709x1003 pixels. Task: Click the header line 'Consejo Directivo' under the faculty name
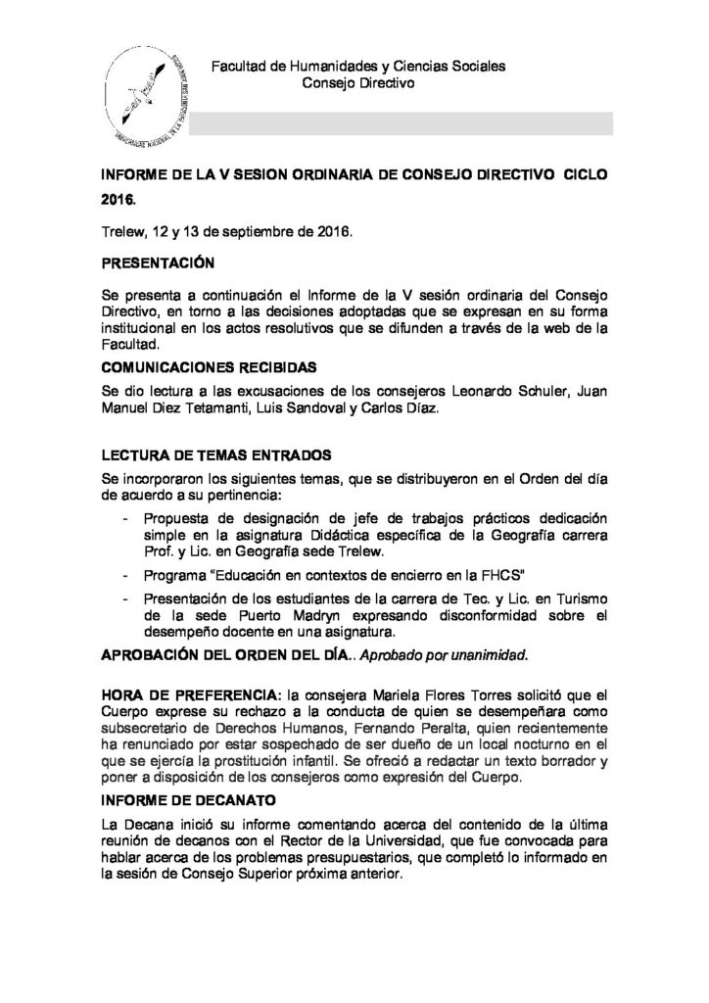pyautogui.click(x=360, y=84)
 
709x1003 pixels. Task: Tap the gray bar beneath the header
pyautogui.click(x=402, y=123)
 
